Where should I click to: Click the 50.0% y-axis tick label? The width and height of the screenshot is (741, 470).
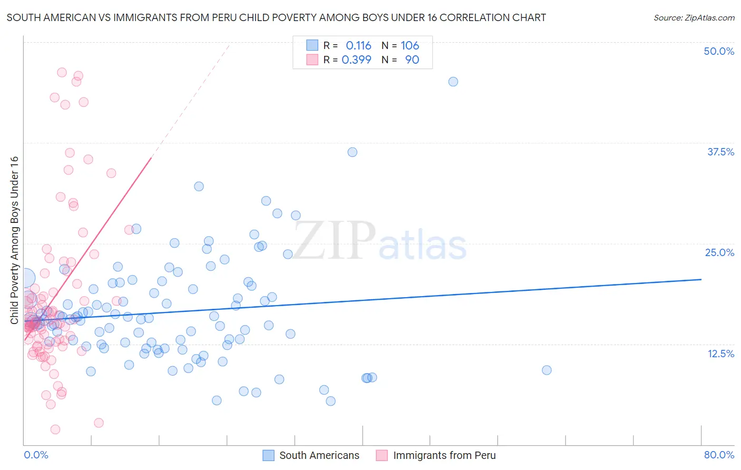pos(719,51)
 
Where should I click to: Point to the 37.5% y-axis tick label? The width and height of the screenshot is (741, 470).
pos(720,152)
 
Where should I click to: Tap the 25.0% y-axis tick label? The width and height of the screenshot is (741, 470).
pos(719,252)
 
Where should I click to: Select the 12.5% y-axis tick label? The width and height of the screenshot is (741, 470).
pos(720,354)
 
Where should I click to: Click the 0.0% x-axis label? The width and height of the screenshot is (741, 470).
pos(36,455)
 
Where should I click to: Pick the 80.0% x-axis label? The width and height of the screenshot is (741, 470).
pos(719,455)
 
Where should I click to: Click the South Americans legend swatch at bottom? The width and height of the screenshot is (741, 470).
pos(268,455)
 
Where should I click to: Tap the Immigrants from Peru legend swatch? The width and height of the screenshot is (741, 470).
pos(382,455)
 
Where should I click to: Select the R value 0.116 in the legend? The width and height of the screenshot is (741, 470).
pos(358,46)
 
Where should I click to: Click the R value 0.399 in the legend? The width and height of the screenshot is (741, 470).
pos(356,60)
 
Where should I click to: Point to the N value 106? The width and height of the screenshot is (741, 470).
pos(409,46)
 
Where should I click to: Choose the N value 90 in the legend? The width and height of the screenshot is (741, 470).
pos(412,60)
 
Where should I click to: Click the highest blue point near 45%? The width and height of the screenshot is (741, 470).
pos(453,82)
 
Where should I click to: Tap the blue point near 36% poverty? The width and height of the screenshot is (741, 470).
pos(353,152)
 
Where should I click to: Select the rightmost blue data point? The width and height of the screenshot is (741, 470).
pos(547,370)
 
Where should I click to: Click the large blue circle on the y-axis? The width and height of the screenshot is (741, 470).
pos(26,278)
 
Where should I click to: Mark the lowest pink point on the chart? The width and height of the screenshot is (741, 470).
pos(55,429)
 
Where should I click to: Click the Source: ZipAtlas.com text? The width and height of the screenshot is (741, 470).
pos(694,18)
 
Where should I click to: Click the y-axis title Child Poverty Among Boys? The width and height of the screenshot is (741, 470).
pos(15,240)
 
